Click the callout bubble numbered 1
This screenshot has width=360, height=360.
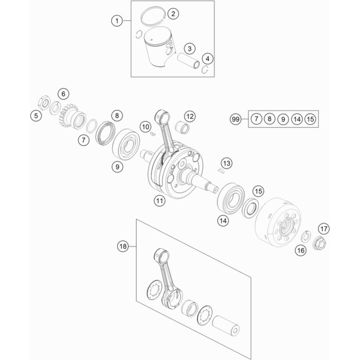(x=117, y=21)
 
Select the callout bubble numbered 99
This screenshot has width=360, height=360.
(x=236, y=119)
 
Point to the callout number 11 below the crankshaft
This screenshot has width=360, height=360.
(x=159, y=201)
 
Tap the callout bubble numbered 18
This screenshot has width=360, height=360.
(x=123, y=246)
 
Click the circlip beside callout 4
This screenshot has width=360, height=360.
(x=206, y=69)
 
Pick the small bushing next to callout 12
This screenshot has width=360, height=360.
(x=183, y=127)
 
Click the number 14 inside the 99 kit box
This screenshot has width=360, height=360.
(x=297, y=119)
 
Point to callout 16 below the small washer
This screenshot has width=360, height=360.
(x=301, y=250)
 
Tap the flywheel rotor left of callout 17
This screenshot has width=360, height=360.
(x=278, y=222)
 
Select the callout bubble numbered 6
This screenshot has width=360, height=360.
(x=63, y=94)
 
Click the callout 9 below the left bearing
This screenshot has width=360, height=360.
(x=117, y=167)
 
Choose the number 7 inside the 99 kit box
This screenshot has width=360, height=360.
(x=256, y=119)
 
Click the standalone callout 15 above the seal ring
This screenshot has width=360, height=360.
(x=259, y=191)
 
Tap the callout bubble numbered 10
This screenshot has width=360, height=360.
(x=146, y=127)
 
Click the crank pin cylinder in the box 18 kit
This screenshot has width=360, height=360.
(x=226, y=325)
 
